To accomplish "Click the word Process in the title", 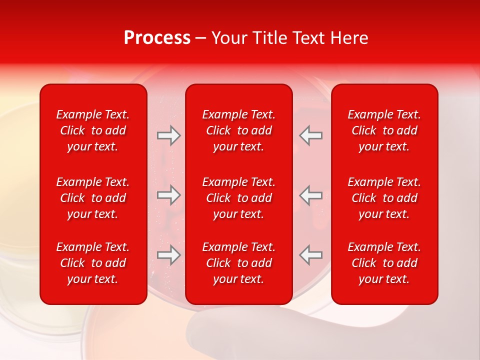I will pyautogui.click(x=157, y=38).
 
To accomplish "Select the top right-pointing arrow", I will pyautogui.click(x=168, y=135).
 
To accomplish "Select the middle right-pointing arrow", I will pyautogui.click(x=168, y=195).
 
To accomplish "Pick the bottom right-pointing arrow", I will pyautogui.click(x=168, y=255).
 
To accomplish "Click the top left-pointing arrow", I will pyautogui.click(x=311, y=135).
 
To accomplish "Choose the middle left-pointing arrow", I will pyautogui.click(x=311, y=195).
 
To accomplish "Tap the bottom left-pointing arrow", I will pyautogui.click(x=311, y=255).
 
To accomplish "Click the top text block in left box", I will pyautogui.click(x=93, y=130).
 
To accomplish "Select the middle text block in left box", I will pyautogui.click(x=93, y=198).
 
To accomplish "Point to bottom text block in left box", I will pyautogui.click(x=93, y=263).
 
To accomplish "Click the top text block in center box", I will pyautogui.click(x=238, y=130).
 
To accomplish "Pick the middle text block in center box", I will pyautogui.click(x=238, y=198).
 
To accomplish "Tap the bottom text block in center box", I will pyautogui.click(x=238, y=263).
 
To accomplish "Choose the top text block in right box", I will pyautogui.click(x=384, y=130).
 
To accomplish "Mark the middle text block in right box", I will pyautogui.click(x=384, y=198).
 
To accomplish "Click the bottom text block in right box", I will pyautogui.click(x=384, y=263).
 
